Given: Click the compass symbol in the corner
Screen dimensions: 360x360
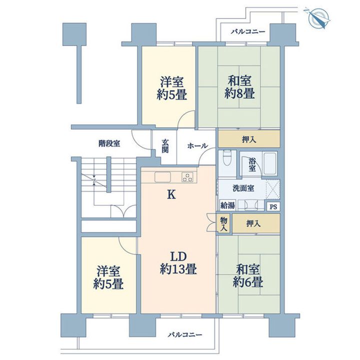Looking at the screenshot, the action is click(318, 18).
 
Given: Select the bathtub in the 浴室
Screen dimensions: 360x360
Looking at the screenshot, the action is click(270, 163).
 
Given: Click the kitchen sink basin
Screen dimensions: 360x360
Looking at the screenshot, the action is click(162, 177).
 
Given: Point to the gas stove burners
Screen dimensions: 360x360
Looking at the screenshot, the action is click(187, 177).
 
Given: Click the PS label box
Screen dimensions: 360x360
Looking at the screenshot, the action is click(273, 207).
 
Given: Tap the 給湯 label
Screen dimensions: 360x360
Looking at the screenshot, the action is click(227, 205).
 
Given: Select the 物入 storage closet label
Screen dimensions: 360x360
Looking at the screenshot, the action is click(224, 224).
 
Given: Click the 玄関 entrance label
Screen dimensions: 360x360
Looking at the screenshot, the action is click(165, 146).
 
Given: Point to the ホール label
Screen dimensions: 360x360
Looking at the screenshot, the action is click(197, 145).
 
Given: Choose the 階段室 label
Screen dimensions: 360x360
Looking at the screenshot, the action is click(109, 143).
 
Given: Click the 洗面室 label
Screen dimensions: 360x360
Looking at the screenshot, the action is click(243, 188).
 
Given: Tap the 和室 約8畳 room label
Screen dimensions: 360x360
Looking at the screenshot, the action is click(239, 87).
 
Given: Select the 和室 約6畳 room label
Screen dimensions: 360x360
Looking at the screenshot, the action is click(248, 276).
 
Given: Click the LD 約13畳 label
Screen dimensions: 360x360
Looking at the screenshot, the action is click(178, 263).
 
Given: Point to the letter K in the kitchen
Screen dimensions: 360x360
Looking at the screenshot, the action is click(171, 195).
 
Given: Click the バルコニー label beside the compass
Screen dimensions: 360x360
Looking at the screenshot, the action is click(248, 31).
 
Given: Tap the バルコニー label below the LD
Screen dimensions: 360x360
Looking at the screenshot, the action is click(185, 335).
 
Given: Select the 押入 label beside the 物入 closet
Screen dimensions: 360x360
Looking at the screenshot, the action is click(253, 223).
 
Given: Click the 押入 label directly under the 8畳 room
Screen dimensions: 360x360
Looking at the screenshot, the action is click(249, 139).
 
